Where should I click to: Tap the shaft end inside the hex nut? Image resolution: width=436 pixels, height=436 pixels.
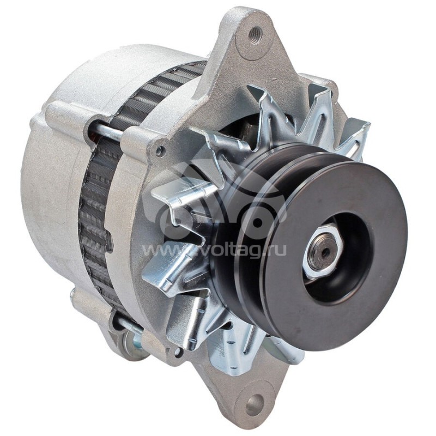[x=325, y=251]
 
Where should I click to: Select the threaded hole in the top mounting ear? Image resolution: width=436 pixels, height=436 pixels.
[x=253, y=34]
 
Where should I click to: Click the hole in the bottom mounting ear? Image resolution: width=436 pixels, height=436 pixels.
[x=253, y=404]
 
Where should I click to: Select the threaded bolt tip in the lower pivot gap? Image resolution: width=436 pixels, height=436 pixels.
[x=131, y=327]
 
